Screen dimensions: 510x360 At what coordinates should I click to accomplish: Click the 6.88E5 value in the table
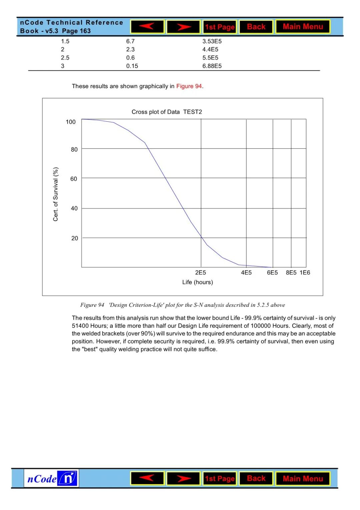click(x=212, y=66)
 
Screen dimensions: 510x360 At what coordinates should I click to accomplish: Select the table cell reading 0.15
click(x=132, y=66)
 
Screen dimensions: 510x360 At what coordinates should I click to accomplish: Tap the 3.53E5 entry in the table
click(x=212, y=41)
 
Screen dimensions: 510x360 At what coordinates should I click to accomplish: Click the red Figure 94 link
click(x=189, y=86)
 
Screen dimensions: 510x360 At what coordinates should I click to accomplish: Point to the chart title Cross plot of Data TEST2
click(x=167, y=112)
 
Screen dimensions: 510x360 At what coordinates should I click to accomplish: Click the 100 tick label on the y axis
click(x=71, y=122)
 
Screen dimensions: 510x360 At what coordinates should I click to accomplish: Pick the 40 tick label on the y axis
click(x=74, y=208)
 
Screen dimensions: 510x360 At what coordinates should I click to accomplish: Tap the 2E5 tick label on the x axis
click(x=201, y=273)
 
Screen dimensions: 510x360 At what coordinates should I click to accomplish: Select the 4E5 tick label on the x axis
click(x=246, y=273)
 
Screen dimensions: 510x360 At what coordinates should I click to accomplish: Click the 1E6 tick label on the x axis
click(x=305, y=273)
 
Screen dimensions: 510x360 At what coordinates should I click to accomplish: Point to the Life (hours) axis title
click(x=198, y=282)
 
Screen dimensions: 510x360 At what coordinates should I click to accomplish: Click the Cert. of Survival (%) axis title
click(x=56, y=194)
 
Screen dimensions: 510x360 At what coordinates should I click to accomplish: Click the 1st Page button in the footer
click(x=220, y=479)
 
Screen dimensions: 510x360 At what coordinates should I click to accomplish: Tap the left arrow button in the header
click(x=147, y=27)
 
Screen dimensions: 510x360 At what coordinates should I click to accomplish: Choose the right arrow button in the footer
click(x=183, y=479)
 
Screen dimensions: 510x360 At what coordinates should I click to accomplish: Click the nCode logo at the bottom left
click(x=51, y=479)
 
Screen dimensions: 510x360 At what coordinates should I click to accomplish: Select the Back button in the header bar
click(x=256, y=27)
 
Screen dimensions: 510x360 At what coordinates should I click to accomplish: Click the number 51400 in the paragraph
click(x=80, y=326)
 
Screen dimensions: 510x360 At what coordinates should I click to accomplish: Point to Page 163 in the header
click(x=76, y=31)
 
